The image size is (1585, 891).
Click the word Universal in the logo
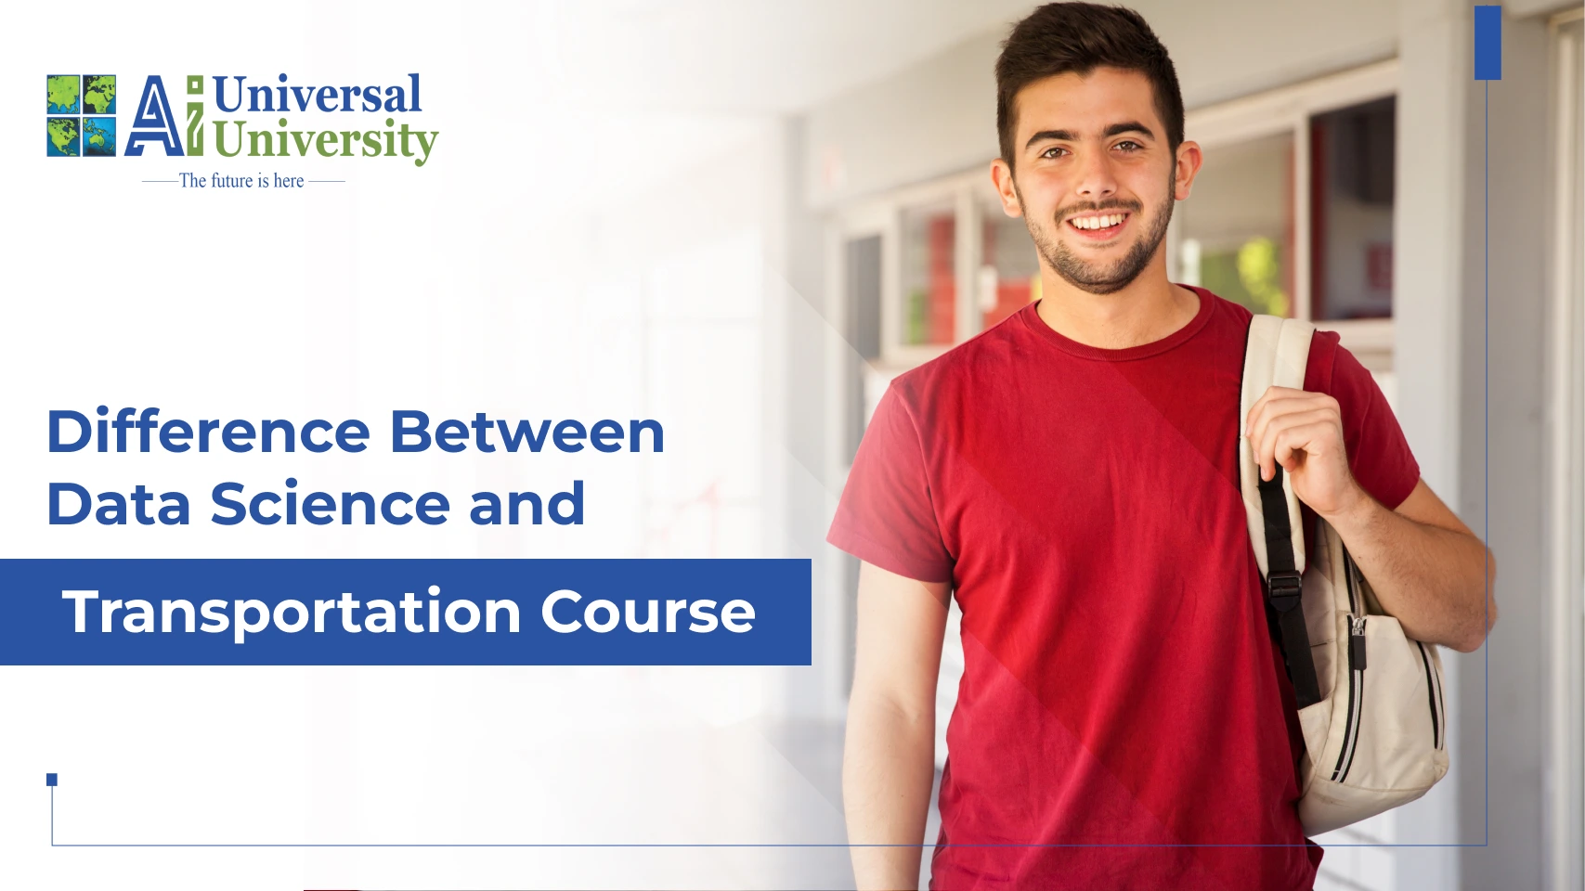317,94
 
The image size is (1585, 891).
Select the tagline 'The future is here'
241,181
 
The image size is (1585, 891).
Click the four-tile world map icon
82,115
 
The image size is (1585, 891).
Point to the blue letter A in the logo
154,116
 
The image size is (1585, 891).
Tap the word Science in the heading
331,503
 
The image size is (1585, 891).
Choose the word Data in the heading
119,503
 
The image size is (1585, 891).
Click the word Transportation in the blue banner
292,612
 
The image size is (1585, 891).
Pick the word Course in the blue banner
647,612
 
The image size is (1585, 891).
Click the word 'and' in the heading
527,503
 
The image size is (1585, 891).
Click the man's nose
1096,176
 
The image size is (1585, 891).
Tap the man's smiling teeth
1098,223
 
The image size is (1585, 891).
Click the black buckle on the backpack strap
1285,584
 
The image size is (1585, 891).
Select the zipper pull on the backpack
1358,643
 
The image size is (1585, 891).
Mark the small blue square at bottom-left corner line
52,780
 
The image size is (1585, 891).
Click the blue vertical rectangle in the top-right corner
1488,43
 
